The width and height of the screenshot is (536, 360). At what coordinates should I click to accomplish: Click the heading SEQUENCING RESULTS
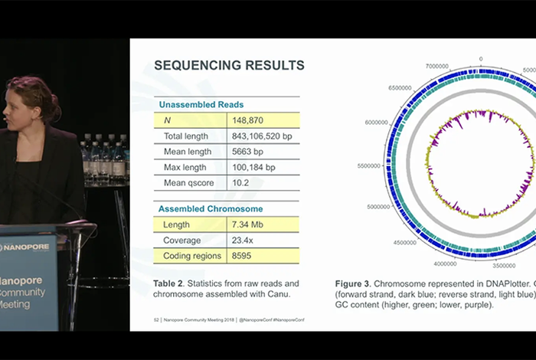pyautogui.click(x=229, y=65)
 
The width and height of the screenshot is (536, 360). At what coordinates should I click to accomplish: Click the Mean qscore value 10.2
pyautogui.click(x=243, y=183)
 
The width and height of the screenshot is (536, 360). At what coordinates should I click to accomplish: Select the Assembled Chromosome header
pyautogui.click(x=211, y=208)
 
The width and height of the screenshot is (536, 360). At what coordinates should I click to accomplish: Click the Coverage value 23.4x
pyautogui.click(x=246, y=240)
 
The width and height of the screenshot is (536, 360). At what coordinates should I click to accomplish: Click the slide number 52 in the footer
pyautogui.click(x=156, y=318)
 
